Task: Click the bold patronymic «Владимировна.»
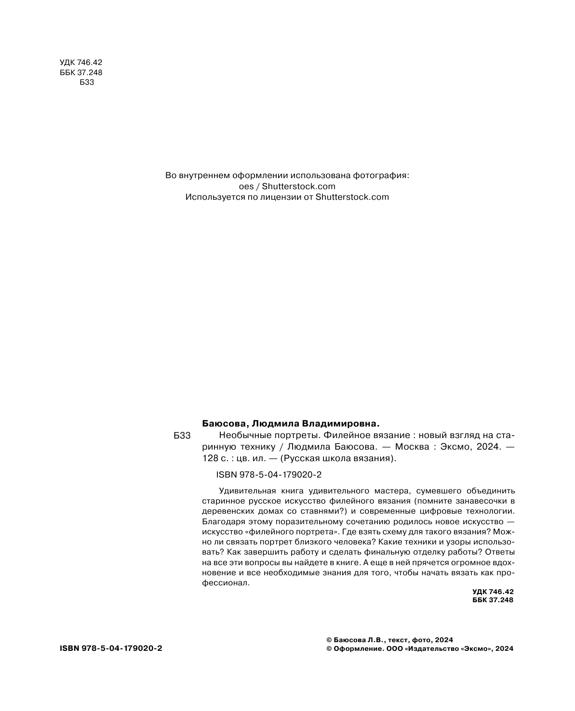coord(340,424)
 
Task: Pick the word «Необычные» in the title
coord(240,435)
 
